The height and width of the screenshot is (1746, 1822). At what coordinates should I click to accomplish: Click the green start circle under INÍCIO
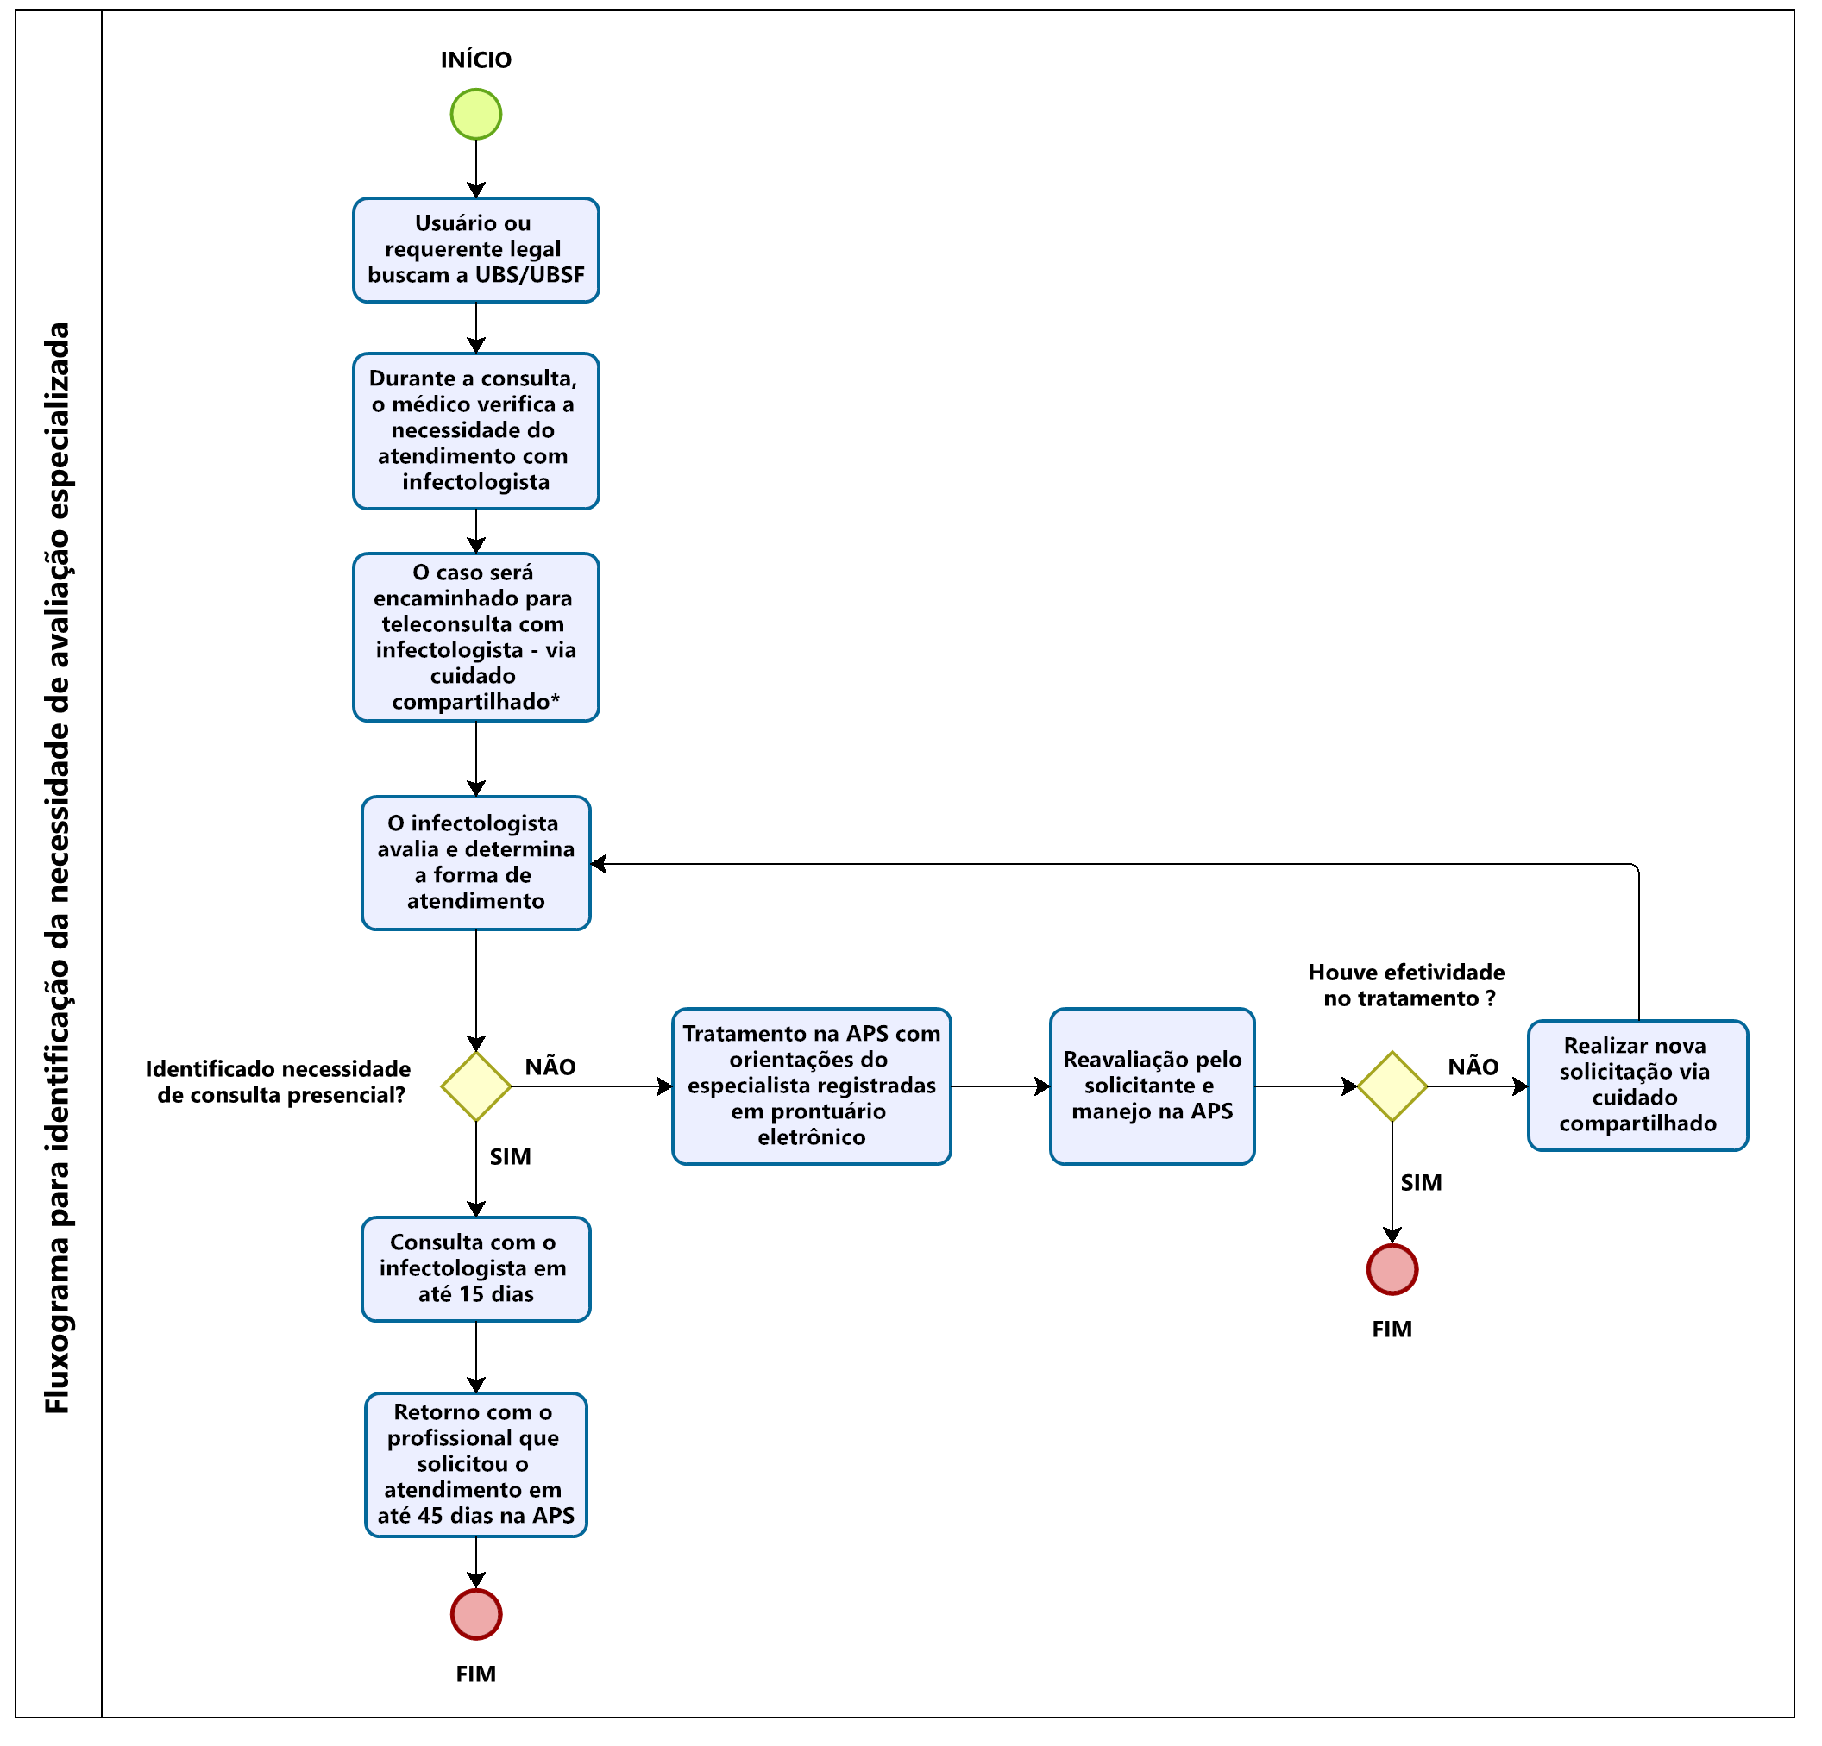point(476,115)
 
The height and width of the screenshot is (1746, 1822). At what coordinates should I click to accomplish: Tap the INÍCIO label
point(476,60)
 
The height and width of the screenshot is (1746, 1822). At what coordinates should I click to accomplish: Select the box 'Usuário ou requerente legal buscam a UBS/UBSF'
point(476,250)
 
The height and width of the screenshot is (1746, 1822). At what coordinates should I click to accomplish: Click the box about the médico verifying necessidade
point(476,431)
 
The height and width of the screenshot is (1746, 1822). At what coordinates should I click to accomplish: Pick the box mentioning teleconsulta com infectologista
point(476,637)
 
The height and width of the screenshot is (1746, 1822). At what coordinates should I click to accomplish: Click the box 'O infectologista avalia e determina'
point(476,863)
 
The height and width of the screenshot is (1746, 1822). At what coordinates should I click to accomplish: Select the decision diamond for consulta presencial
point(476,1086)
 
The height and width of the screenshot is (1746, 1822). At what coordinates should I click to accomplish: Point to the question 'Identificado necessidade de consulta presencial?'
point(279,1081)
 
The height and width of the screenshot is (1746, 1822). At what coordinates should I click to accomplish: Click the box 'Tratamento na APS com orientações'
point(812,1086)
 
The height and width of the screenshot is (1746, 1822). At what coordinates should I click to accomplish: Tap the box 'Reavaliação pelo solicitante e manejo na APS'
point(1153,1086)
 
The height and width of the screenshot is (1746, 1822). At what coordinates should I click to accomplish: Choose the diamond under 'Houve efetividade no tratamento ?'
point(1392,1086)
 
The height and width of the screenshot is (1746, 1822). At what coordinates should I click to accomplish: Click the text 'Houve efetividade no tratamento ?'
point(1406,985)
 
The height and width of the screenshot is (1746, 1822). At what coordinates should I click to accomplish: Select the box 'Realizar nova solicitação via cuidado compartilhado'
point(1638,1086)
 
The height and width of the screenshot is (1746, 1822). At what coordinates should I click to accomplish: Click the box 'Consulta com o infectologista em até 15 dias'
point(476,1269)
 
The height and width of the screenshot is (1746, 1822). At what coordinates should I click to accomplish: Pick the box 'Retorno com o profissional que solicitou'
point(476,1464)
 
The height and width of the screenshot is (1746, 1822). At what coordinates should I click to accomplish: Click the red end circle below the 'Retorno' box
point(476,1615)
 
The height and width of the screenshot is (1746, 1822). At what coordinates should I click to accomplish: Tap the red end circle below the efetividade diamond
point(1392,1269)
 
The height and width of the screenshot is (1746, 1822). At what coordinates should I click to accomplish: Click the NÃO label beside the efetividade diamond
point(1473,1067)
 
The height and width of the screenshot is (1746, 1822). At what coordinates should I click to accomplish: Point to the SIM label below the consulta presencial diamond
point(511,1157)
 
